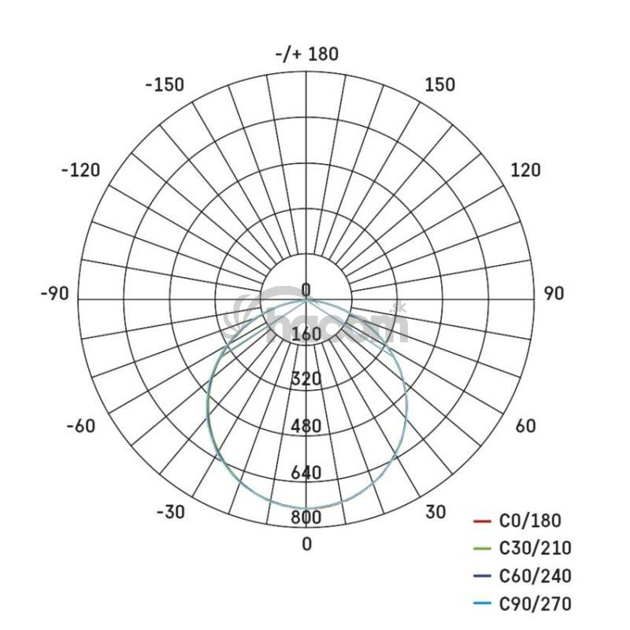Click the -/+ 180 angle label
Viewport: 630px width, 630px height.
[307, 54]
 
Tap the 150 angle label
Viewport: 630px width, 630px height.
[440, 85]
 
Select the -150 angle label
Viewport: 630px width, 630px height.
[165, 85]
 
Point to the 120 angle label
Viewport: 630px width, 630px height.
[525, 170]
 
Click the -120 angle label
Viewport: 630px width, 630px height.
[81, 170]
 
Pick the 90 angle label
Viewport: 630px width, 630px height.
[554, 294]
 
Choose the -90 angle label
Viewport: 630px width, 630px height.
[54, 294]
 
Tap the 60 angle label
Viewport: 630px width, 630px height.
[525, 426]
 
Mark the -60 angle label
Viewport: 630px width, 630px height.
[81, 426]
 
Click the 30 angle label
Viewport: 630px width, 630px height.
[435, 513]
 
